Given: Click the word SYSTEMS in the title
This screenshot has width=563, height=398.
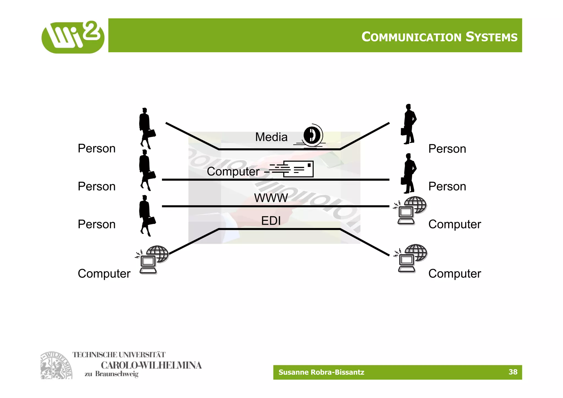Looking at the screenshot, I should (x=491, y=37).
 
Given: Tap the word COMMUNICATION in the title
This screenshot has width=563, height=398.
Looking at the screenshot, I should (x=411, y=37).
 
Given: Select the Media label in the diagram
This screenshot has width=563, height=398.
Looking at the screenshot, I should (x=271, y=137).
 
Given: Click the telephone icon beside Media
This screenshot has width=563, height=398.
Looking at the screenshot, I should (x=312, y=136).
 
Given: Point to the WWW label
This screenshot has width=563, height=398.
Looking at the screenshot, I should (x=271, y=198).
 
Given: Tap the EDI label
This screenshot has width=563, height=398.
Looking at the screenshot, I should (x=271, y=221).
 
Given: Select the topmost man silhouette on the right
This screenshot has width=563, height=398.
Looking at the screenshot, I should (x=409, y=124).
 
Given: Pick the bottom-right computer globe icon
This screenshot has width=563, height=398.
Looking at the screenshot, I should (x=411, y=258).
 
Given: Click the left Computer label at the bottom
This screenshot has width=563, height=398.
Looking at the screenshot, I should (x=104, y=274).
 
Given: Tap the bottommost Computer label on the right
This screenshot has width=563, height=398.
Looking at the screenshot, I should (x=454, y=274).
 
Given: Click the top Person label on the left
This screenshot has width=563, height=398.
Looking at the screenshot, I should (x=96, y=149).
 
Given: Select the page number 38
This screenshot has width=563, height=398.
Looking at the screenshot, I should (x=513, y=372).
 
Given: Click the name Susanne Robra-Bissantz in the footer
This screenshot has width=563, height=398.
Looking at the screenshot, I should (x=321, y=372).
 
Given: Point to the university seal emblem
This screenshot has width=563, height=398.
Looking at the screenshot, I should (x=56, y=366).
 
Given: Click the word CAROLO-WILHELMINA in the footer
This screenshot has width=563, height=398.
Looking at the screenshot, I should (x=151, y=365).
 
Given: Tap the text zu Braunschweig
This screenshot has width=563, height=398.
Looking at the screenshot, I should (x=111, y=374).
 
